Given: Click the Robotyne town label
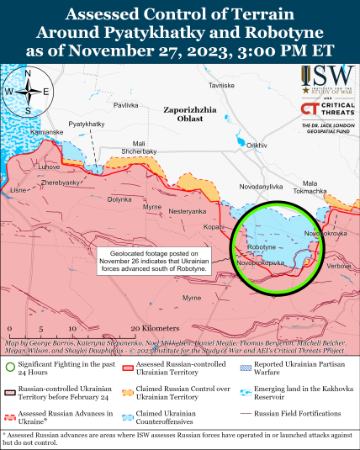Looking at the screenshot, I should [x=261, y=246].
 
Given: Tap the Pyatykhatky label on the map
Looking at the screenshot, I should [x=86, y=124].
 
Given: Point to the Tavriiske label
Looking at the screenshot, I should [x=221, y=86].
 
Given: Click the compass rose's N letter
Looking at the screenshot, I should [x=28, y=74].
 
